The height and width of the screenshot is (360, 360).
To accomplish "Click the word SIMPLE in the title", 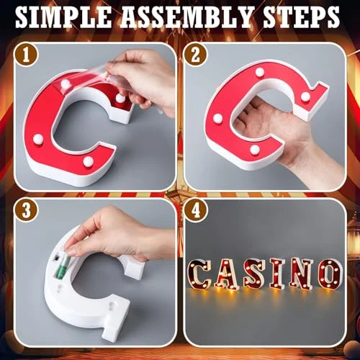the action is pos(63,17).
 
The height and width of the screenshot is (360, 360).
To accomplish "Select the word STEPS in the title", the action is pos(301,17).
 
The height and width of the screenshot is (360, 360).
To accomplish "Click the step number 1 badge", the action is pos(26,55).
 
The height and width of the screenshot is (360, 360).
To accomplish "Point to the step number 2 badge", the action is pos(196,55).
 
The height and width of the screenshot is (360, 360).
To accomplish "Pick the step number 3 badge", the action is pos(26,211).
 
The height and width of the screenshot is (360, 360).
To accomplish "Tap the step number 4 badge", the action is pos(196,211).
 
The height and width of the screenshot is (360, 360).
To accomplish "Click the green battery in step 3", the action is pos(62,267).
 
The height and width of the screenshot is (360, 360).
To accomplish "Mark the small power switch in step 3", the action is pos(56,257).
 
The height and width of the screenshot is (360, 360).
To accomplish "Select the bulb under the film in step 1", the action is pos(66,84).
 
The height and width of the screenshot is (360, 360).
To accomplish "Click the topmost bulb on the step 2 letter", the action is pos(260,71).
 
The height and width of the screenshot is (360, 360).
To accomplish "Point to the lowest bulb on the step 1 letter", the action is pos(89,161).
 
